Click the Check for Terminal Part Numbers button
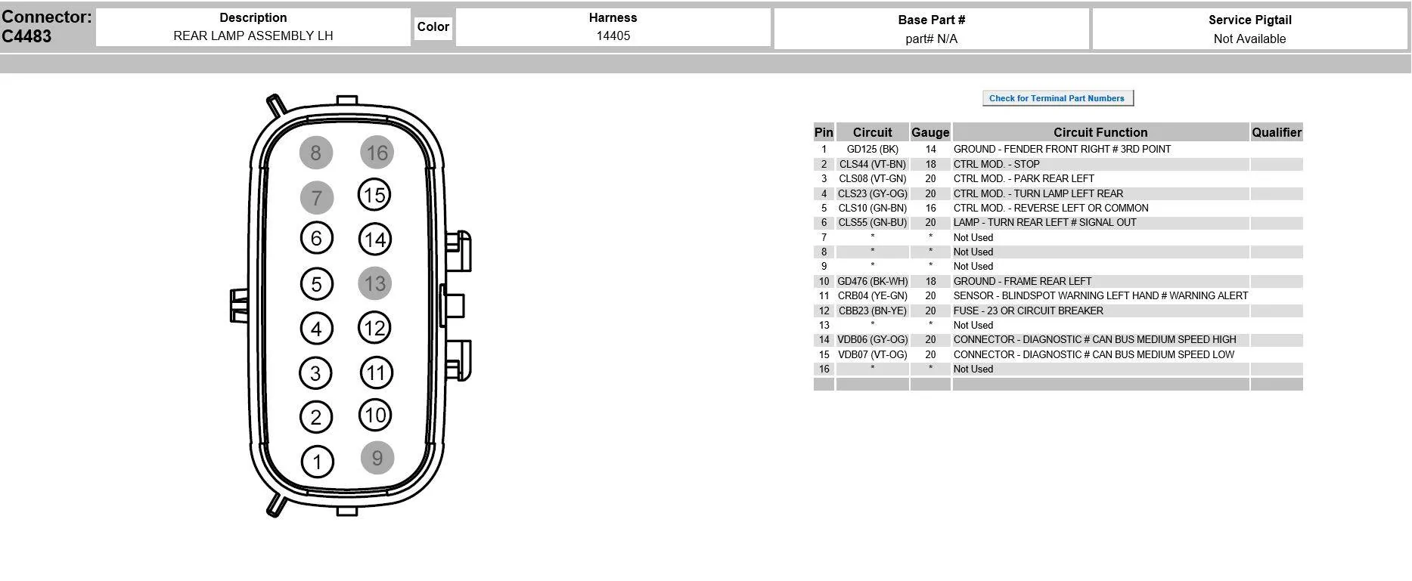click(1057, 98)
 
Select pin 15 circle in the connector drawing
click(374, 195)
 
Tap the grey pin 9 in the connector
click(377, 458)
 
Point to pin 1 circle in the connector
click(317, 462)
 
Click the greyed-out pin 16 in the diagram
click(377, 153)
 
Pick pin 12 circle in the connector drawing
click(375, 328)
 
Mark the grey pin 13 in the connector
click(375, 283)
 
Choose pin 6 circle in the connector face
click(316, 239)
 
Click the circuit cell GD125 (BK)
click(873, 150)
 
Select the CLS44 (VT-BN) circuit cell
click(873, 164)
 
